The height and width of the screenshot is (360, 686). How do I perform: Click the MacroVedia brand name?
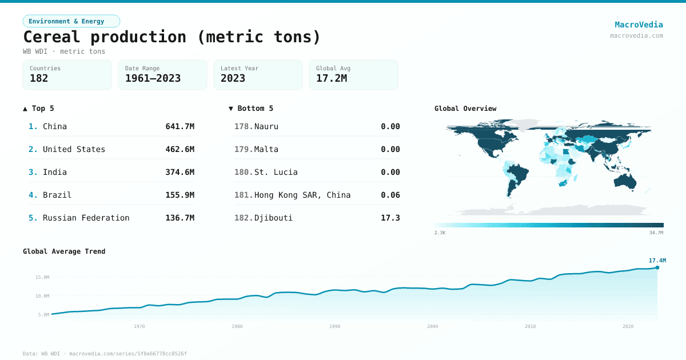tap(639, 25)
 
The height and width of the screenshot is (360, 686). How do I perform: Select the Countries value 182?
tap(39, 78)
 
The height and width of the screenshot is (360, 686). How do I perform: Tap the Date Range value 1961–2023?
tap(153, 78)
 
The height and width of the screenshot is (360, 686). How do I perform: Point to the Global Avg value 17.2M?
tap(332, 78)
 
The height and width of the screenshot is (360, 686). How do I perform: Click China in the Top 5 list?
tap(55, 126)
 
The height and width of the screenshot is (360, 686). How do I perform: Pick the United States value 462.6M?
tap(180, 149)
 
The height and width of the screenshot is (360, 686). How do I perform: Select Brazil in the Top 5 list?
tap(57, 195)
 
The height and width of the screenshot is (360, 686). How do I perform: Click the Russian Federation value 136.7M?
tap(180, 218)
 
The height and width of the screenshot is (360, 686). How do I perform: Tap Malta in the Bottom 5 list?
tap(266, 149)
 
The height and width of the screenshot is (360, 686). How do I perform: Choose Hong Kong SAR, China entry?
tap(302, 195)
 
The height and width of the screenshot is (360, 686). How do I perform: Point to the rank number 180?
tap(244, 172)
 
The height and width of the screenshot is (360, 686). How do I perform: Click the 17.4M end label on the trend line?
tap(657, 261)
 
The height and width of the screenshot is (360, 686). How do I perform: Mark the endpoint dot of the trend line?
tap(657, 267)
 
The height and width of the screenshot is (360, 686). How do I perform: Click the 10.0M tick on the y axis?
tap(42, 296)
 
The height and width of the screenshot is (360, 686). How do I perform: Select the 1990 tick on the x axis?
tap(335, 326)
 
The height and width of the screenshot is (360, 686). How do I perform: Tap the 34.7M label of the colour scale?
tap(656, 233)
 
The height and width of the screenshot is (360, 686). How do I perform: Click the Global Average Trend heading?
tap(64, 251)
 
